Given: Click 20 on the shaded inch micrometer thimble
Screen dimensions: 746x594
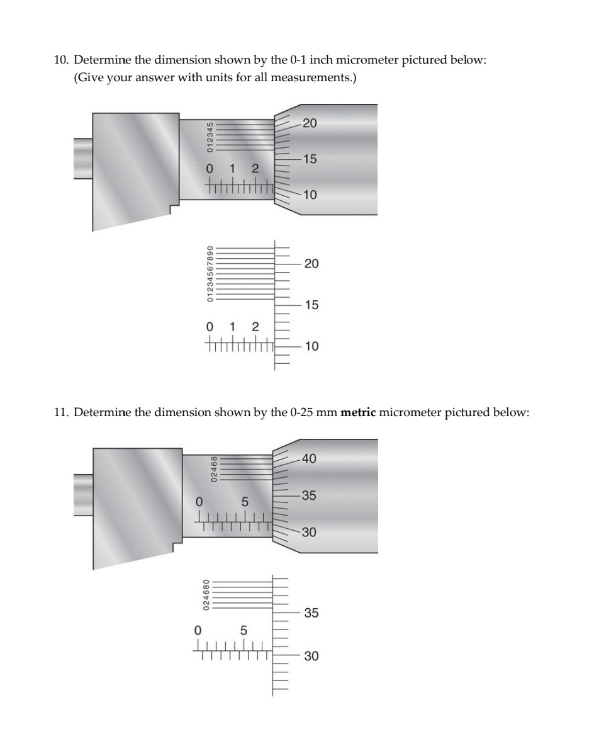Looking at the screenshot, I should pyautogui.click(x=309, y=123).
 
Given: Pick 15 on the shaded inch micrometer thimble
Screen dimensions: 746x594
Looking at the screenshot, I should pyautogui.click(x=309, y=159).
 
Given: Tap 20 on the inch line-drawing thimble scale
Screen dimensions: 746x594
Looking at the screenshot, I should pyautogui.click(x=311, y=263).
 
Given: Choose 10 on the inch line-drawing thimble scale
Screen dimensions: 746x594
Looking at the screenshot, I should pyautogui.click(x=311, y=346).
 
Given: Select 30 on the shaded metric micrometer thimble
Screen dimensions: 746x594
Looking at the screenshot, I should pyautogui.click(x=309, y=533).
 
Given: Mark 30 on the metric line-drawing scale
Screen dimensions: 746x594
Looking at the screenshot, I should pyautogui.click(x=311, y=656).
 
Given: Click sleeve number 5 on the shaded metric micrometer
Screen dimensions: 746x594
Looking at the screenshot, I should pyautogui.click(x=245, y=502).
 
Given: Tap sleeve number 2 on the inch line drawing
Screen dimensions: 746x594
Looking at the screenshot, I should pyautogui.click(x=255, y=326).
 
